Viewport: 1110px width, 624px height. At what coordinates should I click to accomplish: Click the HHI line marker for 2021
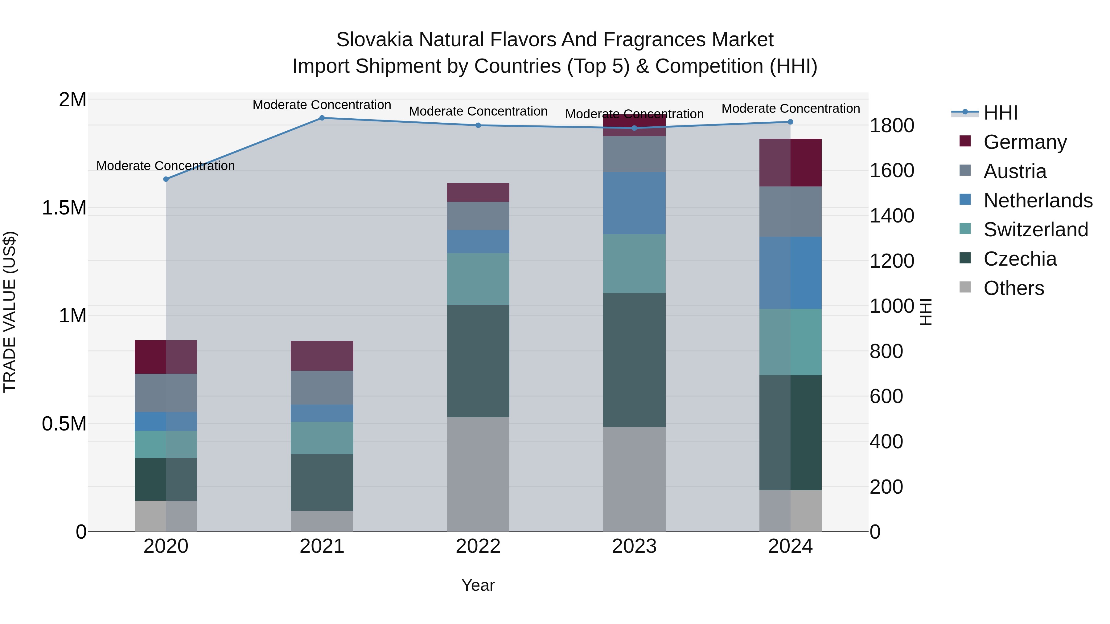click(322, 118)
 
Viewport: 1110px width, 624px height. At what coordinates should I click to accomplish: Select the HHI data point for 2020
click(166, 179)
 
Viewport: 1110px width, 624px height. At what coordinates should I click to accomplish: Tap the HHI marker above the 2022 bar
click(478, 125)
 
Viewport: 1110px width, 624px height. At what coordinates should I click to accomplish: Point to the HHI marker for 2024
click(790, 122)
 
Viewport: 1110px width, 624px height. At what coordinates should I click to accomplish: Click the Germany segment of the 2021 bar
click(322, 356)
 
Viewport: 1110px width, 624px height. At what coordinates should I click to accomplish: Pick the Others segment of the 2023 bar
click(634, 479)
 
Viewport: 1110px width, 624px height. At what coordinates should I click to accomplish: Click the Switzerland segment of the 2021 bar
click(322, 438)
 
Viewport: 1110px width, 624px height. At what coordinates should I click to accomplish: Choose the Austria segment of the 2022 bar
click(478, 216)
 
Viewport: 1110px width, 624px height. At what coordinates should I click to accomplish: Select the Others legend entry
click(1013, 288)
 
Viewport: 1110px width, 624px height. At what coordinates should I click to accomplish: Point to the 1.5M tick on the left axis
click(64, 208)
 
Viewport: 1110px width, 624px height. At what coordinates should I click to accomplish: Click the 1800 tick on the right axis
click(891, 125)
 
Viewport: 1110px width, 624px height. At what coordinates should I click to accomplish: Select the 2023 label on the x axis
click(634, 546)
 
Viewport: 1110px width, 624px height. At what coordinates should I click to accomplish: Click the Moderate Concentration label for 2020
click(166, 166)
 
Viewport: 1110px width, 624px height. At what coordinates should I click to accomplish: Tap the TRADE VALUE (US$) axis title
click(10, 312)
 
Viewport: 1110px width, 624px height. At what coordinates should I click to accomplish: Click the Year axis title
click(478, 585)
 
